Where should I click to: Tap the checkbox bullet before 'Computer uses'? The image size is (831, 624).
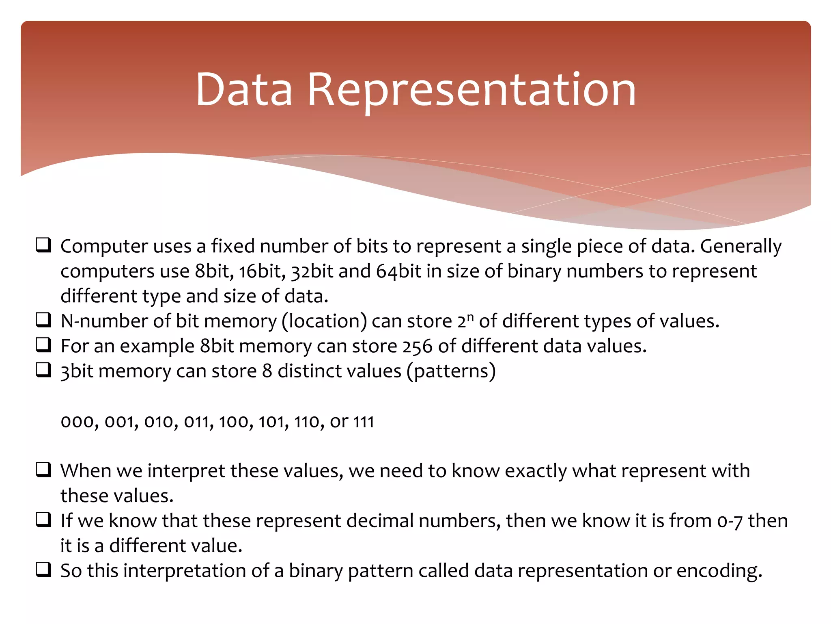[43, 245]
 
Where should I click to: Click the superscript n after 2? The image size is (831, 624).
[470, 316]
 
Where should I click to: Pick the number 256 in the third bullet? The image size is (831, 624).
[418, 347]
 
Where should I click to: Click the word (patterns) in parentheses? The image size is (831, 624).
[451, 371]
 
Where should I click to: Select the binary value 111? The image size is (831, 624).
[364, 422]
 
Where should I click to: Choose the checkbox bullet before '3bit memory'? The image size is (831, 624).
[43, 370]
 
